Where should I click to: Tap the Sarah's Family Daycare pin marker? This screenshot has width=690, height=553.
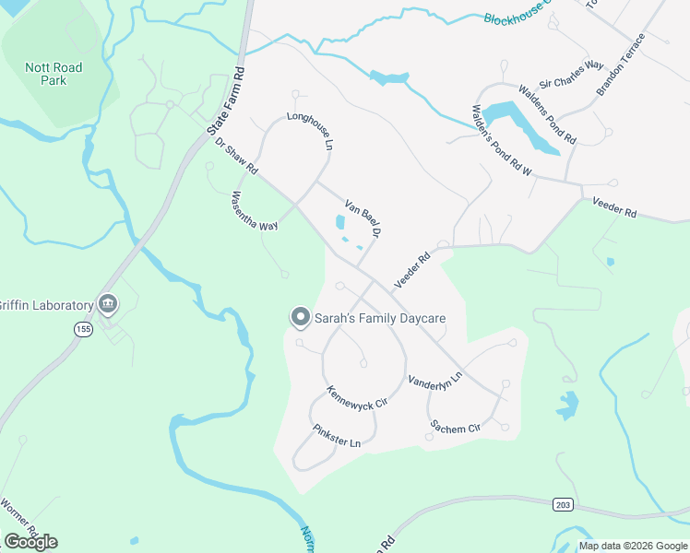point(299,318)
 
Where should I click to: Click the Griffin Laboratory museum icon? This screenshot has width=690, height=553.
point(108,304)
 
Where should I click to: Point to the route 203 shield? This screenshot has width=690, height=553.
point(563,504)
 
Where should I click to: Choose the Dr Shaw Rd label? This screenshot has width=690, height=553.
point(236,159)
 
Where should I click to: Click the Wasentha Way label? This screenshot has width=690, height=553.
point(254,211)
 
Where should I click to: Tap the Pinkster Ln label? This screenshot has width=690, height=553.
point(336,436)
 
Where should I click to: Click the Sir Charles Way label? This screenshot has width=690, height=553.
point(571,73)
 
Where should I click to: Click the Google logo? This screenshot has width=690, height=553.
point(30,542)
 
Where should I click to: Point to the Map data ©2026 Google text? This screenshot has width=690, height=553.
point(633,546)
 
